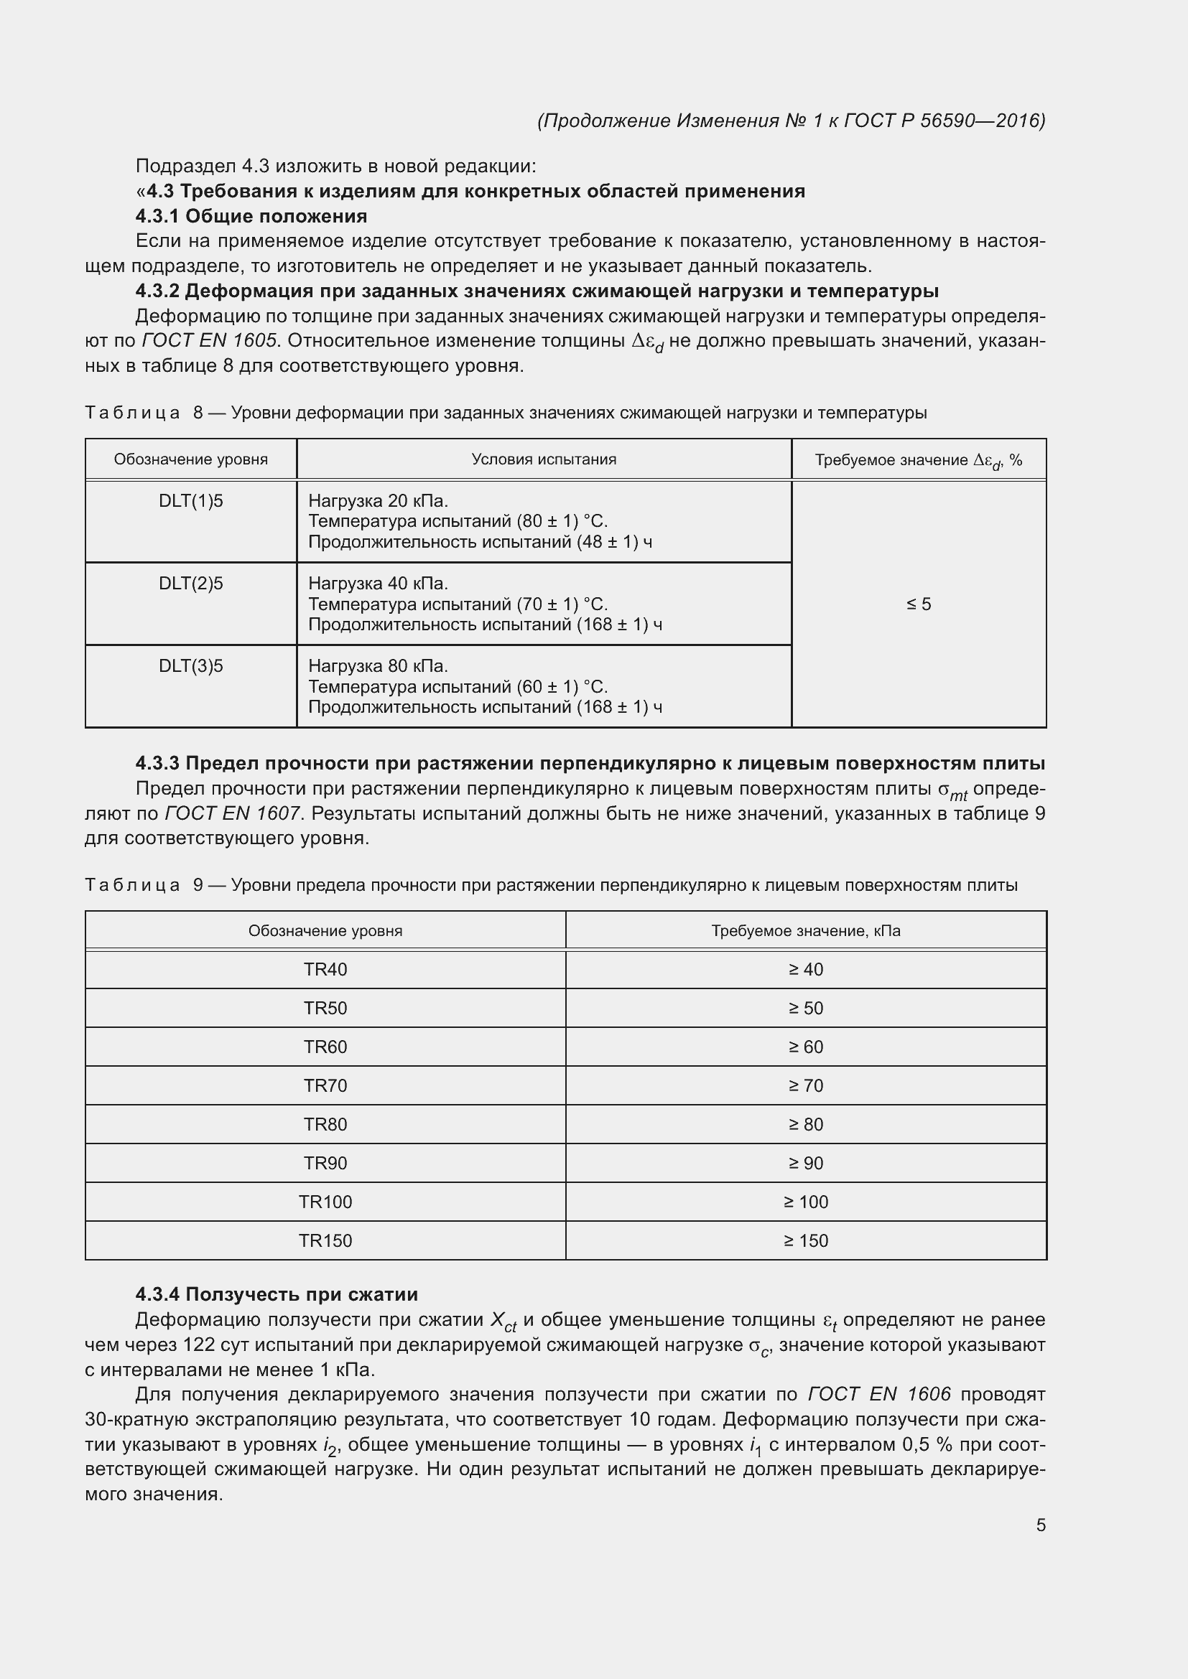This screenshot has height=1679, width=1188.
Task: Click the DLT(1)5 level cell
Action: coord(191,501)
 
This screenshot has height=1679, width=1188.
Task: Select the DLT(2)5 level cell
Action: coord(191,584)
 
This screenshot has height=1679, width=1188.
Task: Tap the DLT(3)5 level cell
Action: coord(191,666)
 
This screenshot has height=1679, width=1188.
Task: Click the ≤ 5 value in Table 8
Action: coord(919,604)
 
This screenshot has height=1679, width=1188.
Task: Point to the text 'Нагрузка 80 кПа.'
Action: coord(379,666)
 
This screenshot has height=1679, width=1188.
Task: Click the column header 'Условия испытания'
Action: coord(544,459)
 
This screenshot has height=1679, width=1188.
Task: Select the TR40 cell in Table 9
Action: coord(325,970)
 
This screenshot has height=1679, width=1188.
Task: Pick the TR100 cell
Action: coord(325,1202)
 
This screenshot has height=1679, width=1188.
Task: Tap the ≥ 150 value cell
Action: coord(805,1241)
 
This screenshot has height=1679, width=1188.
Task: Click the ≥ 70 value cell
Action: coord(805,1086)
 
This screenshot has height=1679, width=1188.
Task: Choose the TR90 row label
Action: coord(325,1164)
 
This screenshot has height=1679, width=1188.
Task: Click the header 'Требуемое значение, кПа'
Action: coord(805,931)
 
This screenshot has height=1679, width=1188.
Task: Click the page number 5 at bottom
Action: coord(1040,1525)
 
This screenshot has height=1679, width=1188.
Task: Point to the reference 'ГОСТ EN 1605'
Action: coord(209,341)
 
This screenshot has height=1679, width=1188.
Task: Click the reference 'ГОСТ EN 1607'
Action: coord(233,813)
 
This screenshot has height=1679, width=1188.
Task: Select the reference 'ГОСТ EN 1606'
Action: coord(879,1395)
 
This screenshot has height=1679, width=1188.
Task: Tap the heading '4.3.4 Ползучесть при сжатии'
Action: coord(277,1294)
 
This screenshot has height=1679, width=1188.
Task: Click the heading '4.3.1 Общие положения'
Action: coord(251,216)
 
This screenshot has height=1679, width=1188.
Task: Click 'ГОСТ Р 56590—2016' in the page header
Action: coord(945,121)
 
